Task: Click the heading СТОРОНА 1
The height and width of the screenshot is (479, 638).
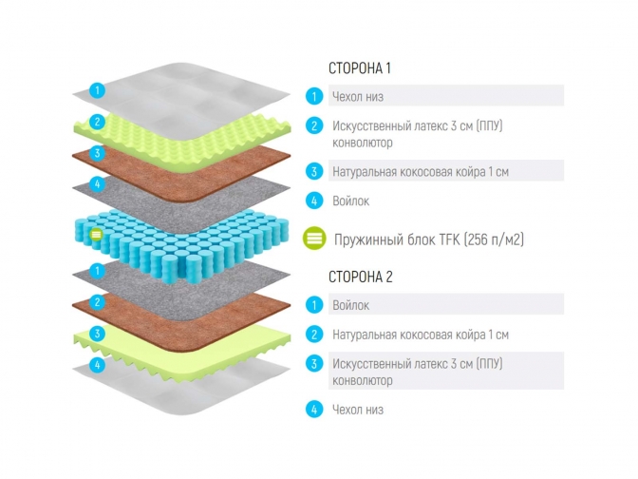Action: point(360,68)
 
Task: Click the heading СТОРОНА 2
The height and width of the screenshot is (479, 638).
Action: point(360,278)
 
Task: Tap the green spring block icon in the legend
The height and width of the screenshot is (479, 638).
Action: point(314,239)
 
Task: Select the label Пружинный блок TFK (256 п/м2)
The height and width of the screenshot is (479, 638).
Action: point(428,239)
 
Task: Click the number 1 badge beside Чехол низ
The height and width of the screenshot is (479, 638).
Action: point(314,96)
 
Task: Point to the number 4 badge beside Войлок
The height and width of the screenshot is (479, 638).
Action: point(314,201)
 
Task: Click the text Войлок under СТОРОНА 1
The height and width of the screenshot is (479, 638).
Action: point(350,201)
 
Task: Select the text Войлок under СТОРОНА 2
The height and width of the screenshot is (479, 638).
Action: point(350,305)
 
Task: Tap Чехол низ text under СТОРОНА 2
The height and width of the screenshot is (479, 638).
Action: point(358,410)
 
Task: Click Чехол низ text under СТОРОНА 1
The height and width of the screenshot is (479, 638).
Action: point(358,96)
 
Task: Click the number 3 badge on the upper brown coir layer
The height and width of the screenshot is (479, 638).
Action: point(97,152)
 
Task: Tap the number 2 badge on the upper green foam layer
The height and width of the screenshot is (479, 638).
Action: point(97,122)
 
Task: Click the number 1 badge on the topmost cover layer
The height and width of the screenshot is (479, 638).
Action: point(97,90)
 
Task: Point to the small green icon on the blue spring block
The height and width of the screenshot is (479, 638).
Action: point(95,234)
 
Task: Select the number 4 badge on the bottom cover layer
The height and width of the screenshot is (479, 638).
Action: point(97,364)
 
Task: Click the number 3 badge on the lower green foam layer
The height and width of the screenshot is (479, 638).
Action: point(97,334)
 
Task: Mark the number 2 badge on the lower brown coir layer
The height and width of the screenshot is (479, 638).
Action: point(97,302)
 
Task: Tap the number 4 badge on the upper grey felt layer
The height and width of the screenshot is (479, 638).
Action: point(97,183)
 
